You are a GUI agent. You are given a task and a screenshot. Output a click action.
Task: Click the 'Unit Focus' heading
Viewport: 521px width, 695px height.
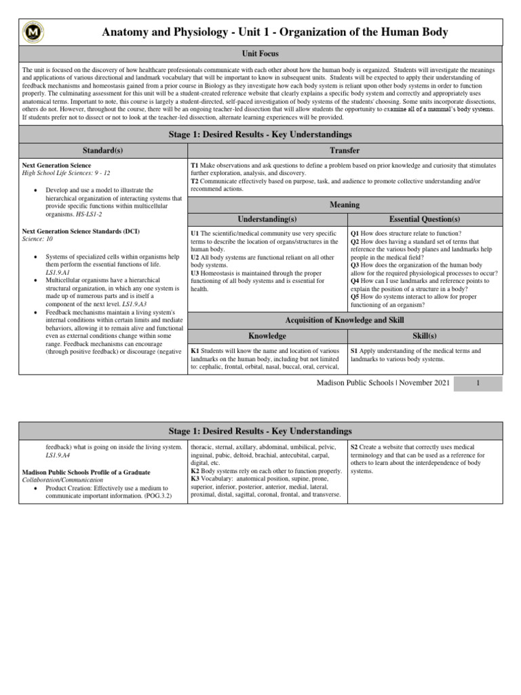pos(260,54)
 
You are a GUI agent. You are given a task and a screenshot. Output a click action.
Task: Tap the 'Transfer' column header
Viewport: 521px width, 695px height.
pos(345,151)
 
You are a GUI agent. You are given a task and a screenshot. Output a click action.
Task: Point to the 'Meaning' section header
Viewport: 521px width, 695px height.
pos(345,204)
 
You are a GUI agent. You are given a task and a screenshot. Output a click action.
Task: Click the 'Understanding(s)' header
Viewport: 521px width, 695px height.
pos(267,219)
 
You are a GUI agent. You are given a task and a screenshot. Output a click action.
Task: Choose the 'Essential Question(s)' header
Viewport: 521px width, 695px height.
pos(425,219)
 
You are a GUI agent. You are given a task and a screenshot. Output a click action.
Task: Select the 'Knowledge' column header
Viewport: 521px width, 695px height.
pos(267,336)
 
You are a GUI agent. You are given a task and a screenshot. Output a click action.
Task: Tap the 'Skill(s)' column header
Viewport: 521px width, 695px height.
pos(425,336)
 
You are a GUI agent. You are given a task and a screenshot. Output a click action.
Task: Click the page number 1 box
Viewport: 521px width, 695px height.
pos(478,383)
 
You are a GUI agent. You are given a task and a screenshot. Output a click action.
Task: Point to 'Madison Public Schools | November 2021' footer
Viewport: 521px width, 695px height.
pos(383,383)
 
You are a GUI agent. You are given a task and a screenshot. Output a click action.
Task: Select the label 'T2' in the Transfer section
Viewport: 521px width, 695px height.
pos(195,182)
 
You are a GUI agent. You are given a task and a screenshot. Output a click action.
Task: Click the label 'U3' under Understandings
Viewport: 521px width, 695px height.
pos(195,274)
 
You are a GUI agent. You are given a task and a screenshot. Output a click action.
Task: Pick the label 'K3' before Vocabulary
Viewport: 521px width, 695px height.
pos(195,479)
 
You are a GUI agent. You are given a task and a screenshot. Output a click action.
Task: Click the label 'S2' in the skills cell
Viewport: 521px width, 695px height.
pos(355,448)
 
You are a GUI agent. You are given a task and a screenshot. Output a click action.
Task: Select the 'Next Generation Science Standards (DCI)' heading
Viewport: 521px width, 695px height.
pos(81,232)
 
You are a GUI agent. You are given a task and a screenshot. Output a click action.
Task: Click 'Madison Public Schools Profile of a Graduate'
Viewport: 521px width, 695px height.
pos(86,472)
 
